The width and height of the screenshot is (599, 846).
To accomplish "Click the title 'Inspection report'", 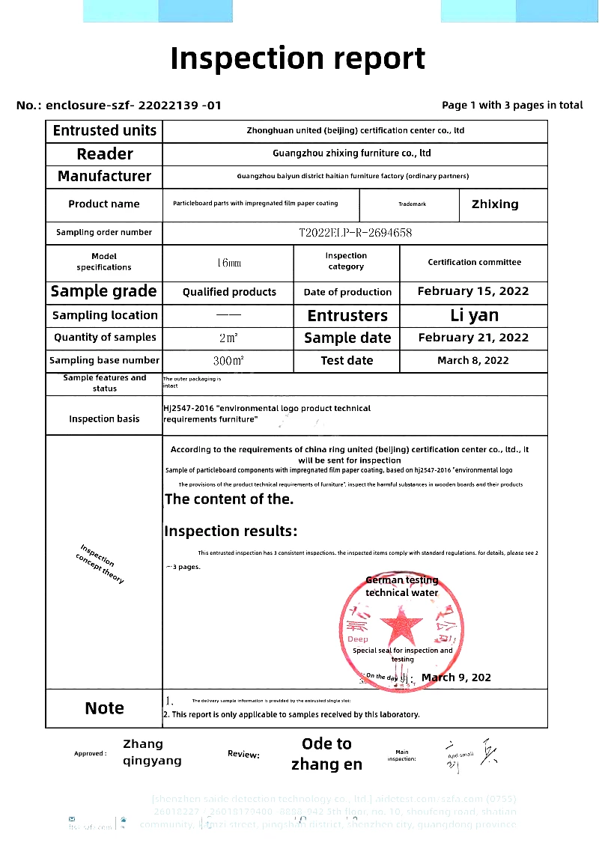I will click(298, 58).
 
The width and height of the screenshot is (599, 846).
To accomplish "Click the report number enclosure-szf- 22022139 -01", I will click(133, 106).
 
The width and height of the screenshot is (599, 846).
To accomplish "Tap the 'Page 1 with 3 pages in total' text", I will click(512, 105).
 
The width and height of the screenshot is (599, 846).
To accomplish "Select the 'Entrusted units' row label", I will click(104, 130).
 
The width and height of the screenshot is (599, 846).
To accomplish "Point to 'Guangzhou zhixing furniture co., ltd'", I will click(351, 153).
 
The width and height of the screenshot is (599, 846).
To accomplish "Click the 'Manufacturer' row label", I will click(104, 177).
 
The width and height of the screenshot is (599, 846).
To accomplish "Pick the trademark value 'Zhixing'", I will click(494, 204).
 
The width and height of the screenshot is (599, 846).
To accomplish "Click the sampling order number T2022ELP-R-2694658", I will click(355, 233).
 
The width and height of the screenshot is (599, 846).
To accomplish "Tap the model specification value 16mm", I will click(228, 263).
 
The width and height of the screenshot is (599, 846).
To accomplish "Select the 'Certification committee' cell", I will click(474, 263).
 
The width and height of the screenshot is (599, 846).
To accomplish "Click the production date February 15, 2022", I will click(473, 292).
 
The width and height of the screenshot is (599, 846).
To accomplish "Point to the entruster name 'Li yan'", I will click(474, 315).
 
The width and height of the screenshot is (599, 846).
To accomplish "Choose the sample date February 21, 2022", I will click(473, 338).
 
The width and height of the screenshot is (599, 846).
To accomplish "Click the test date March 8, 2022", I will click(473, 361).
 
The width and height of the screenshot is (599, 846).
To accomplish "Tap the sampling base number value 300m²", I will click(228, 361).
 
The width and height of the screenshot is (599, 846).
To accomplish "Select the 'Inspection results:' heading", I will click(231, 532).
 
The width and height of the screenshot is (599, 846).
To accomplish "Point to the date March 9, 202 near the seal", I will click(456, 678).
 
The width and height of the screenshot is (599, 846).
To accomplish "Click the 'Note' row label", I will click(104, 708).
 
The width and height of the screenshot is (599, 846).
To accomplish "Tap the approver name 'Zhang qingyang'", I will click(152, 752).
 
